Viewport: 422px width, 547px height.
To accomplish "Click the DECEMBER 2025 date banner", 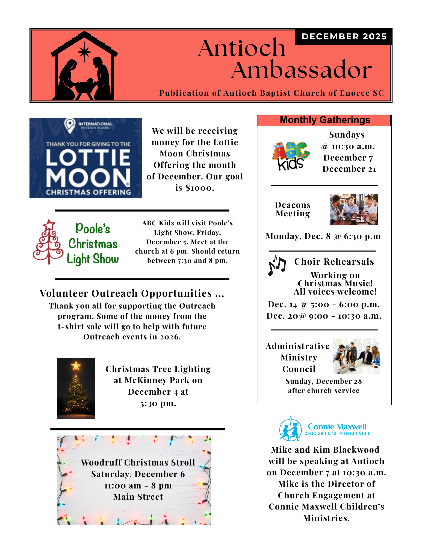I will (x=344, y=36).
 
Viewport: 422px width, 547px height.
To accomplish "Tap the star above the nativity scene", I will (x=84, y=51).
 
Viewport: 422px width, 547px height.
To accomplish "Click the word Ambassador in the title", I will (x=302, y=70).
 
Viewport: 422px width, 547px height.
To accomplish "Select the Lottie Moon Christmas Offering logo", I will (x=86, y=158).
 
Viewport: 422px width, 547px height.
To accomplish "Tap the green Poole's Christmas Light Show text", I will (x=93, y=243).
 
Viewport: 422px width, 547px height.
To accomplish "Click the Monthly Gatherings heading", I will (x=325, y=120).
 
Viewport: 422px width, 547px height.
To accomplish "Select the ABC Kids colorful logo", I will (x=291, y=156).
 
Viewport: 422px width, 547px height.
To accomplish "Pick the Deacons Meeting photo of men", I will (x=354, y=209).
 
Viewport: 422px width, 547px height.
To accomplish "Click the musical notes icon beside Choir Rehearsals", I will (x=277, y=265).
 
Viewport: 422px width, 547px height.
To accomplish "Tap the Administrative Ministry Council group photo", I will (x=356, y=356).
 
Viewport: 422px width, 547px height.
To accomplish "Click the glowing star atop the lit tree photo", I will (x=76, y=365).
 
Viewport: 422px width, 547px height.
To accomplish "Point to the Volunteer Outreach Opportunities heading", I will (x=132, y=293).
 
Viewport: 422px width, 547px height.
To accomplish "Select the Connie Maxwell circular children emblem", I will (x=290, y=429).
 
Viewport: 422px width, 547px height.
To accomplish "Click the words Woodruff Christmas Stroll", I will (x=138, y=462).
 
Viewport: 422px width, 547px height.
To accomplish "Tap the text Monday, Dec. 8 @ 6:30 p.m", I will (x=323, y=236).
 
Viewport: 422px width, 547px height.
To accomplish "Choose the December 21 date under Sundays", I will (x=349, y=169).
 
